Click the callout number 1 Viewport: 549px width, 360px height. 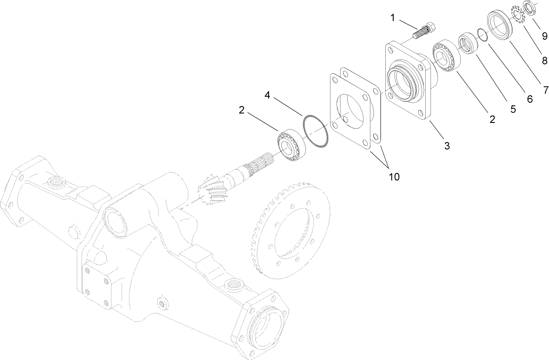(393, 18)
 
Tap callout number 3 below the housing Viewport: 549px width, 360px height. (447, 146)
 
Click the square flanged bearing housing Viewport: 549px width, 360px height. (406, 81)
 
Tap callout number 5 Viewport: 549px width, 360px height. (513, 109)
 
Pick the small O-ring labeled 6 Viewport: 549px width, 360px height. (481, 35)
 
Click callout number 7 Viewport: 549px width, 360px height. (545, 90)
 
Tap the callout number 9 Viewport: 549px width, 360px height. (544, 35)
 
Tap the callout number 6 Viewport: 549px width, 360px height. (529, 99)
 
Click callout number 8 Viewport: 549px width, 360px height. (544, 61)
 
